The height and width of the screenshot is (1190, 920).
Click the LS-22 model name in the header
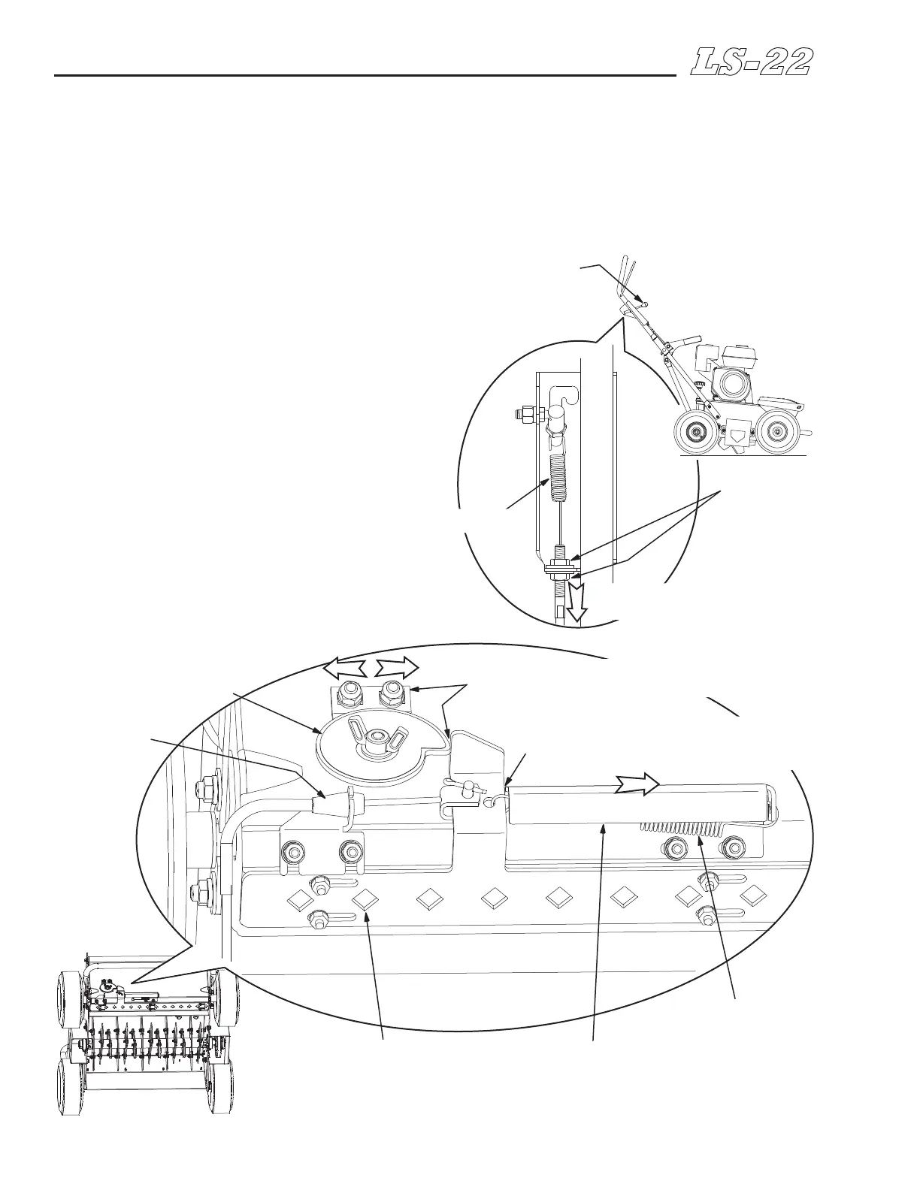click(751, 62)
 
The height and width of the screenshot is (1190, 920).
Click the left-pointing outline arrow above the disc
click(342, 667)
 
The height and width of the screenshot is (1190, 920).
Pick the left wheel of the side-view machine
click(695, 433)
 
